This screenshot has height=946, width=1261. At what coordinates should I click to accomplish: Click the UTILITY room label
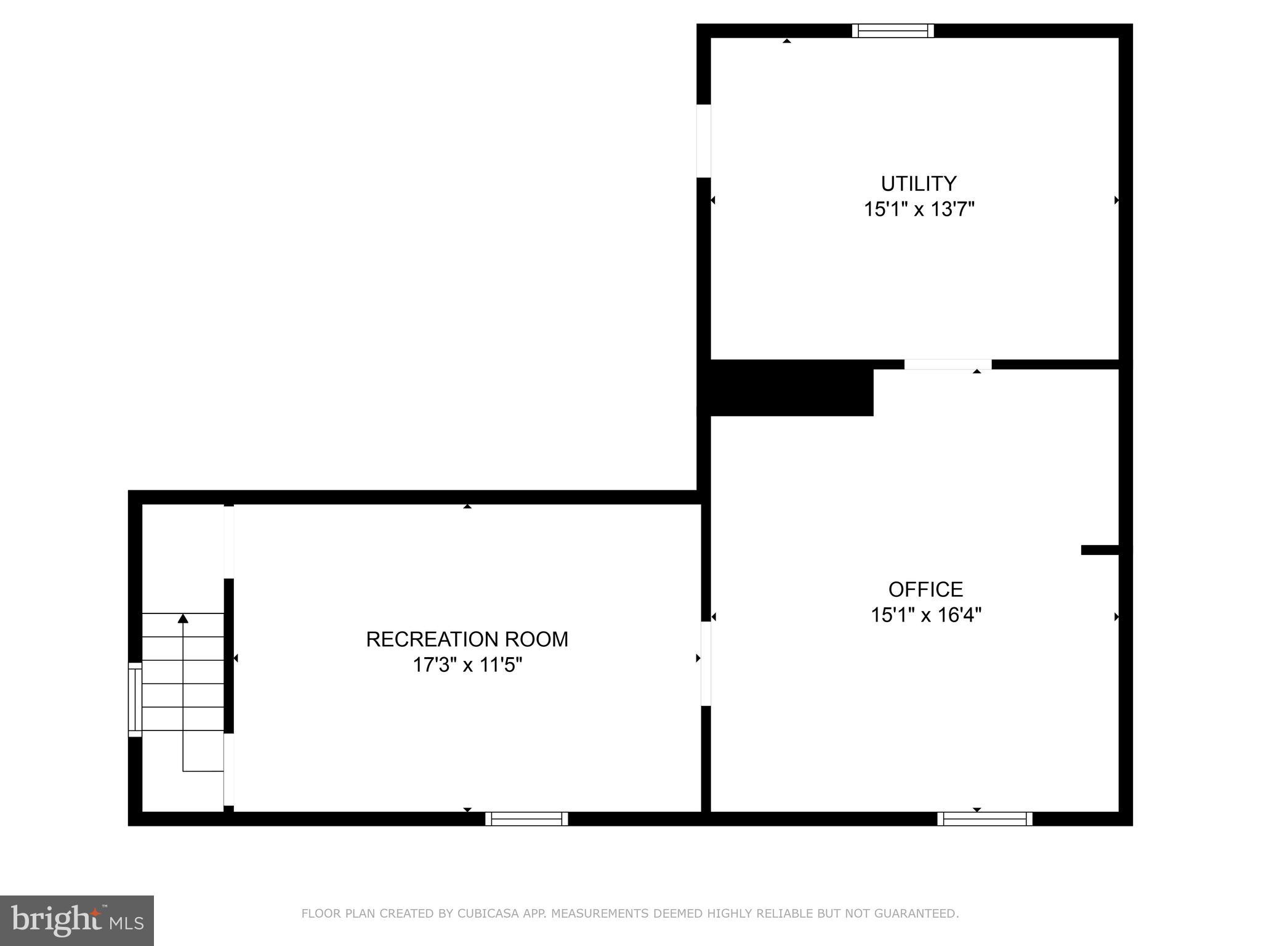[x=918, y=184]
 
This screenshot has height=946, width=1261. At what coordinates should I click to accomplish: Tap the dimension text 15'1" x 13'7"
[x=919, y=209]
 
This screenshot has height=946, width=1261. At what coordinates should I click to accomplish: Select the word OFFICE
[x=925, y=589]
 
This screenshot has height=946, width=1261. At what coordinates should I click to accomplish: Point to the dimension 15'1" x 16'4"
[x=925, y=615]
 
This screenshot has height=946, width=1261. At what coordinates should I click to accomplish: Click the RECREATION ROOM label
[x=467, y=639]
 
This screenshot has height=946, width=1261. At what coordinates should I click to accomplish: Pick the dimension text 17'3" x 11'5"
[x=467, y=665]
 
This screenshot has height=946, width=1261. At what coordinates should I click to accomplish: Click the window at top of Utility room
[x=893, y=31]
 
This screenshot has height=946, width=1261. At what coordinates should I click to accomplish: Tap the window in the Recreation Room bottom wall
[x=526, y=819]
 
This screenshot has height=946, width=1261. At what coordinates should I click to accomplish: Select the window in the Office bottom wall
[x=985, y=819]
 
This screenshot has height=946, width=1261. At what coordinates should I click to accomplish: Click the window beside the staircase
[x=135, y=699]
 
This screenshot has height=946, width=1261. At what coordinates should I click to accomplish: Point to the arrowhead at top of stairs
[x=183, y=618]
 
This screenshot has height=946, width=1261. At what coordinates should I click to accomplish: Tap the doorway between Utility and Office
[x=948, y=365]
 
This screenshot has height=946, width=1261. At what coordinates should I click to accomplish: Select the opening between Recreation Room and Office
[x=706, y=663]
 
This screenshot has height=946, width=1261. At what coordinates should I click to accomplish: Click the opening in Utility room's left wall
[x=704, y=141]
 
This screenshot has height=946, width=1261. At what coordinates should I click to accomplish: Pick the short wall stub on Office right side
[x=1100, y=550]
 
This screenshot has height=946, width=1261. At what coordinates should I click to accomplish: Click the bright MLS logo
[x=77, y=921]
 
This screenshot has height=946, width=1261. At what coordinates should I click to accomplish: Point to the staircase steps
[x=183, y=671]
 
